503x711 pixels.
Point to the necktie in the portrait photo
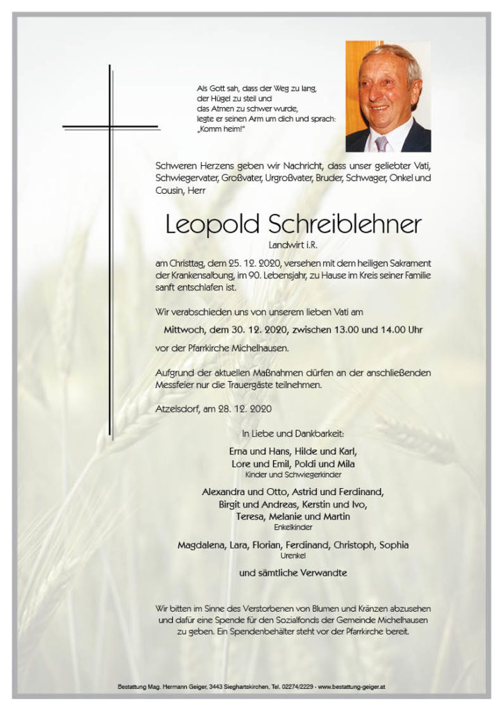[x=381, y=143]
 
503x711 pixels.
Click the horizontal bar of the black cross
[x=110, y=128]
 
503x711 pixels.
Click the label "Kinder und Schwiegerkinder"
[x=293, y=474]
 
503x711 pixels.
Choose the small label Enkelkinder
[x=293, y=528]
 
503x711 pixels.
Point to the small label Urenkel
[x=293, y=556]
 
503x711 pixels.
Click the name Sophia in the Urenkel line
[x=394, y=546]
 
